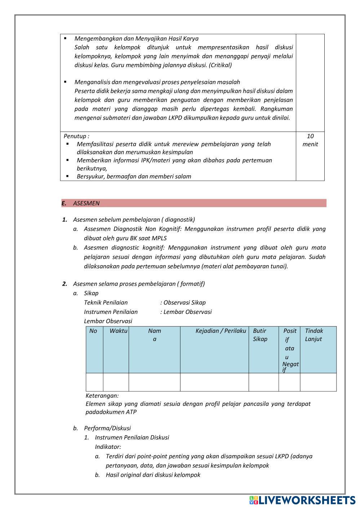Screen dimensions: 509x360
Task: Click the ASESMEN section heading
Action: [86, 203]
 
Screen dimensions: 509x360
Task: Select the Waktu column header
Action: [118, 331]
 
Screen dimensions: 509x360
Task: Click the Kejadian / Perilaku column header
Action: [221, 331]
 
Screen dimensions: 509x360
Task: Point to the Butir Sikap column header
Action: [260, 335]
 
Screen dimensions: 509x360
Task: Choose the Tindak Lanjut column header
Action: [314, 335]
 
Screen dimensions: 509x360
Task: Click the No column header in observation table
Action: [93, 331]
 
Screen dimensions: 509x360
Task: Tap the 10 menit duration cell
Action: [310, 140]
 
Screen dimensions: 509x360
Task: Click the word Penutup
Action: [75, 136]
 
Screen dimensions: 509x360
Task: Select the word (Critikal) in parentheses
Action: [220, 65]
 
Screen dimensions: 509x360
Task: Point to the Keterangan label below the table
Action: [102, 396]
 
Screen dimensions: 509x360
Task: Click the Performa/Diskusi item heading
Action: [107, 428]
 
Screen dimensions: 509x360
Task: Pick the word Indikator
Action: [108, 447]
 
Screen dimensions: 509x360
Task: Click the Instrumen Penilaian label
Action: [111, 312]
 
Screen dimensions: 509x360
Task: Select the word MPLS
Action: [159, 238]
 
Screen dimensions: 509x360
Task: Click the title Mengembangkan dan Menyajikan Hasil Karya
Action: [136, 39]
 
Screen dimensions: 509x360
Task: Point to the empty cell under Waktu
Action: [116, 382]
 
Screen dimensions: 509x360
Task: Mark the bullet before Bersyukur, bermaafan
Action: [67, 176]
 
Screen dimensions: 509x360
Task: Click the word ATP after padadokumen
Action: [131, 412]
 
